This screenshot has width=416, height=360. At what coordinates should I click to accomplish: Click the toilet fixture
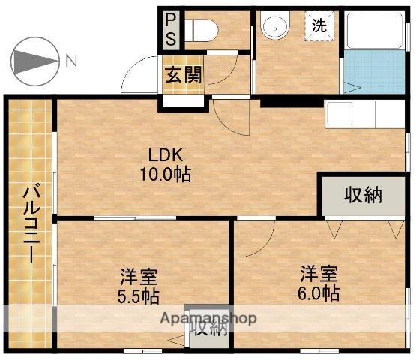pos(201,30)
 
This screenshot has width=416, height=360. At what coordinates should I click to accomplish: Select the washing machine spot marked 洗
pos(319,26)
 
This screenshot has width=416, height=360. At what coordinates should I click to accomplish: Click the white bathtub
pos(375,31)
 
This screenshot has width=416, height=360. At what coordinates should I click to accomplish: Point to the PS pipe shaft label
pos(170,30)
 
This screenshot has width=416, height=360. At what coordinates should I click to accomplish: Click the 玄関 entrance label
pos(184,74)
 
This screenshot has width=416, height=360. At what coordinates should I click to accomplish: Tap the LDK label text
pos(166,155)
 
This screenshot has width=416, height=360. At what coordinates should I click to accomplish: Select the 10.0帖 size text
pos(166,174)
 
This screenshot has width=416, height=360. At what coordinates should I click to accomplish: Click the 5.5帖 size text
pos(139,296)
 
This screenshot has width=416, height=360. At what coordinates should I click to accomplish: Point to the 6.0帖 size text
pos(319,293)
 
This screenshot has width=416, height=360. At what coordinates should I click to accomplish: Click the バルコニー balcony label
pos(31,223)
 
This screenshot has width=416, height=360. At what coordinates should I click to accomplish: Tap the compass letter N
pos(71,61)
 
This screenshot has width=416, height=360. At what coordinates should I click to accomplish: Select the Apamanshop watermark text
pos(208,318)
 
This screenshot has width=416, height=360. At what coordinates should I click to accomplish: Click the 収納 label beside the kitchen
pos(364,196)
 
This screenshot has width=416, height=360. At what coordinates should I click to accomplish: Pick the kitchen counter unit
pos(365,115)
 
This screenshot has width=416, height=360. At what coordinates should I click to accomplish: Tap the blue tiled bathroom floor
pos(375,72)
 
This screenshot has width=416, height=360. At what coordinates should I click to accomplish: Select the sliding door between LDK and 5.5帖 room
pos(135,218)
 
